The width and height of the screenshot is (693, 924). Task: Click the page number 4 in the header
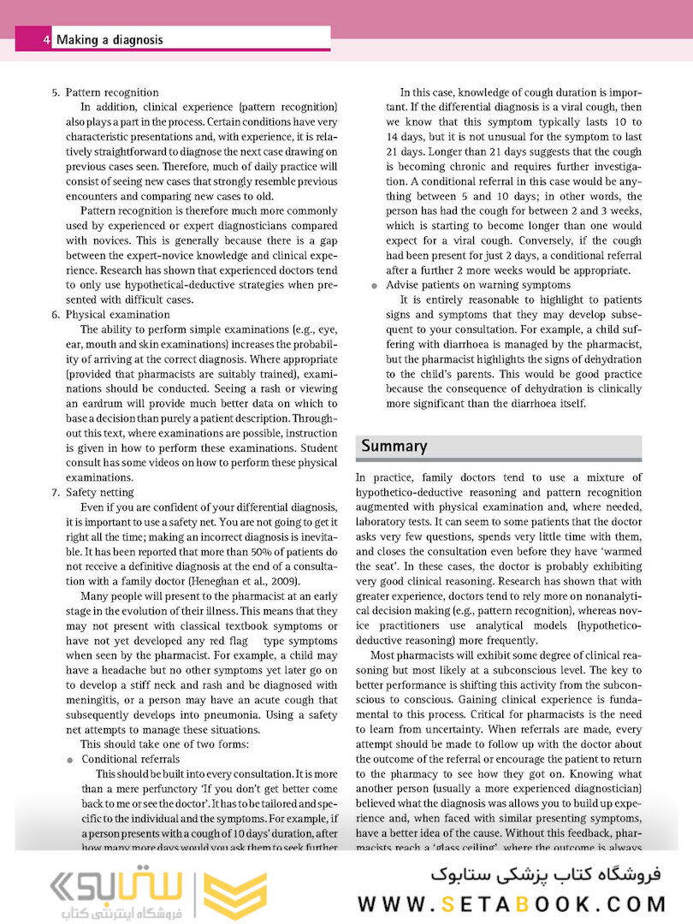(x=45, y=39)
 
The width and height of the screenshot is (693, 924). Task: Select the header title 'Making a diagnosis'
(x=109, y=39)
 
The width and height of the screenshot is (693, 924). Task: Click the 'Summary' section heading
(x=394, y=446)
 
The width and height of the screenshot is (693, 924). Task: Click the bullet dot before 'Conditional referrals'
(x=69, y=759)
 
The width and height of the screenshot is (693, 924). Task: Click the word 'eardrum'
(x=102, y=404)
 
